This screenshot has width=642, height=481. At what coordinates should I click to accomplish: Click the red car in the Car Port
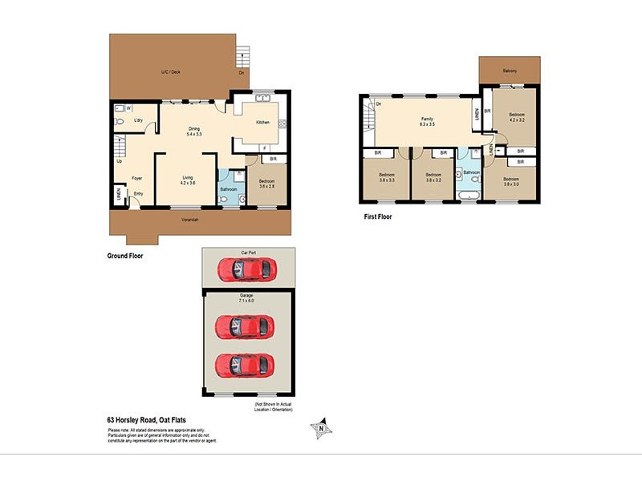click(x=249, y=269)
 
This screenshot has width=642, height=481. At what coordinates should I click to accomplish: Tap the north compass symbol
click(x=322, y=429)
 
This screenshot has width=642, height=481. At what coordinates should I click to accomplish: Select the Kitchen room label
click(x=262, y=122)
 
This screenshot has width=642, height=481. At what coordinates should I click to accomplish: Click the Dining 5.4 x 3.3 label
click(x=194, y=131)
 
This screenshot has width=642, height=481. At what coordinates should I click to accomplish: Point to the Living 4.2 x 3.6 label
click(x=187, y=181)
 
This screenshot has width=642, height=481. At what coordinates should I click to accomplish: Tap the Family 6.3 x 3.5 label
click(x=427, y=122)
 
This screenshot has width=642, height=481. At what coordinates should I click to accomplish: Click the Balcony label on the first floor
click(x=510, y=71)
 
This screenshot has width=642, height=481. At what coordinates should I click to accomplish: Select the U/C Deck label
click(x=170, y=72)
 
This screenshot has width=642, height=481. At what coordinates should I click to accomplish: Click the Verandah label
click(x=189, y=220)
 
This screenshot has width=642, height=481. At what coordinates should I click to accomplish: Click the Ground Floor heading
click(x=125, y=257)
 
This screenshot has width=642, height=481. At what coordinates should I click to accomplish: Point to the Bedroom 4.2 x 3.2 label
click(x=517, y=119)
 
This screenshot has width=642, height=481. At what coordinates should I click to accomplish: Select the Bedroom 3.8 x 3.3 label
click(x=387, y=177)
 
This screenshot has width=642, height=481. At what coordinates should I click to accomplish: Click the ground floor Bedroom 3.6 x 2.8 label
click(x=267, y=184)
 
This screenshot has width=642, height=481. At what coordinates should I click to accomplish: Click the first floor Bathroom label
click(x=470, y=172)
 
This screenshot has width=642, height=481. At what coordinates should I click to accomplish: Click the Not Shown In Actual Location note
click(x=274, y=407)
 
